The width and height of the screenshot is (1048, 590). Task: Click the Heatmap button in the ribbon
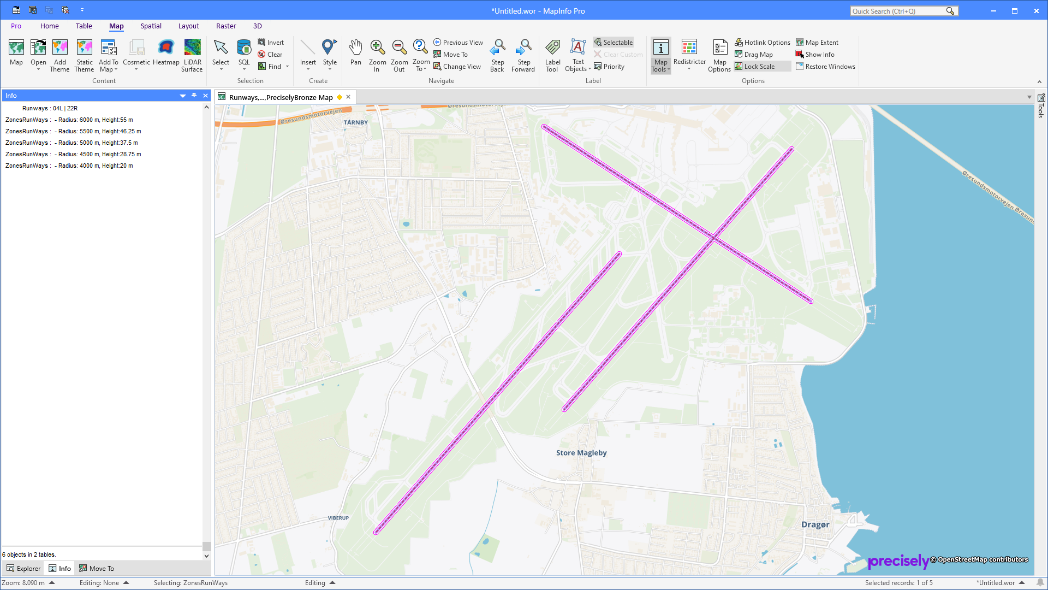coord(166,54)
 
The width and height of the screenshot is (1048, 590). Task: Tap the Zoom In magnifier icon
coord(377,54)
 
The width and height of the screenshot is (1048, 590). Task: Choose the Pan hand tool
coord(355,54)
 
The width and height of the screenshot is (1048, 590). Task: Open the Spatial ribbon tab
coord(151,26)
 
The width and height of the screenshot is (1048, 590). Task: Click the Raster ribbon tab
coord(226,26)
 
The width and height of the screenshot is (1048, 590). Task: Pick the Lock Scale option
coord(759,67)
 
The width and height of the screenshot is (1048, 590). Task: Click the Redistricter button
coord(689,54)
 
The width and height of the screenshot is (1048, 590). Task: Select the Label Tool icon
coord(552,54)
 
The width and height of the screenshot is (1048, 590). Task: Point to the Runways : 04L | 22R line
coord(50,108)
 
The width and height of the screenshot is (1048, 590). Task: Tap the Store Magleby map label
coord(581,453)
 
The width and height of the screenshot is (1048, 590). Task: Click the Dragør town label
coord(815,524)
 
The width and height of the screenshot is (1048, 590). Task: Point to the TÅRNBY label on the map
coord(355,122)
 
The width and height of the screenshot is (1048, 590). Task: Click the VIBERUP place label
coord(338,518)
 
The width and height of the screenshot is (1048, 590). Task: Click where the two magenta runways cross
coord(713,238)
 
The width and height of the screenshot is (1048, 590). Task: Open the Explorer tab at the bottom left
coord(24,569)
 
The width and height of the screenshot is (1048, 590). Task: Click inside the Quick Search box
coord(897,11)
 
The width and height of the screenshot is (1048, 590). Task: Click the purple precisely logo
coord(898,561)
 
